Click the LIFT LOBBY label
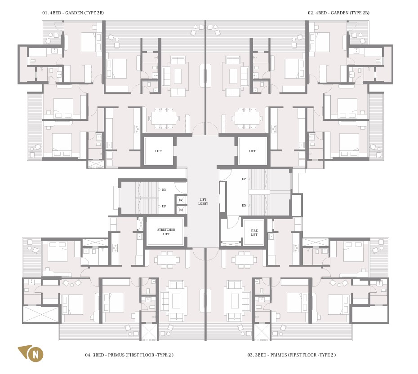pyautogui.click(x=203, y=202)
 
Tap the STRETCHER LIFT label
pyautogui.click(x=166, y=232)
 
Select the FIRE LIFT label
pyautogui.click(x=254, y=233)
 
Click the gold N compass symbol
pyautogui.click(x=31, y=354)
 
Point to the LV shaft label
pyautogui.click(x=181, y=200)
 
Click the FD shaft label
pyautogui.click(x=181, y=210)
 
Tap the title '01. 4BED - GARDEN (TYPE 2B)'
pyautogui.click(x=73, y=13)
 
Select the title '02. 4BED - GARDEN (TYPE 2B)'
pyautogui.click(x=338, y=13)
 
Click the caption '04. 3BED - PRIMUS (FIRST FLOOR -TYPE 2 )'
pyautogui.click(x=129, y=355)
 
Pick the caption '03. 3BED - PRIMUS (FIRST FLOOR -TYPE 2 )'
pyautogui.click(x=292, y=355)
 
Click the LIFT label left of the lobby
pyautogui.click(x=158, y=151)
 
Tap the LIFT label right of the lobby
pyautogui.click(x=252, y=151)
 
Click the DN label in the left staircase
pyautogui.click(x=164, y=189)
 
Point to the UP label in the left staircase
pyautogui.click(x=164, y=206)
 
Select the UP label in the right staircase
pyautogui.click(x=244, y=179)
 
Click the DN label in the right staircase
pyautogui.click(x=244, y=205)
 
